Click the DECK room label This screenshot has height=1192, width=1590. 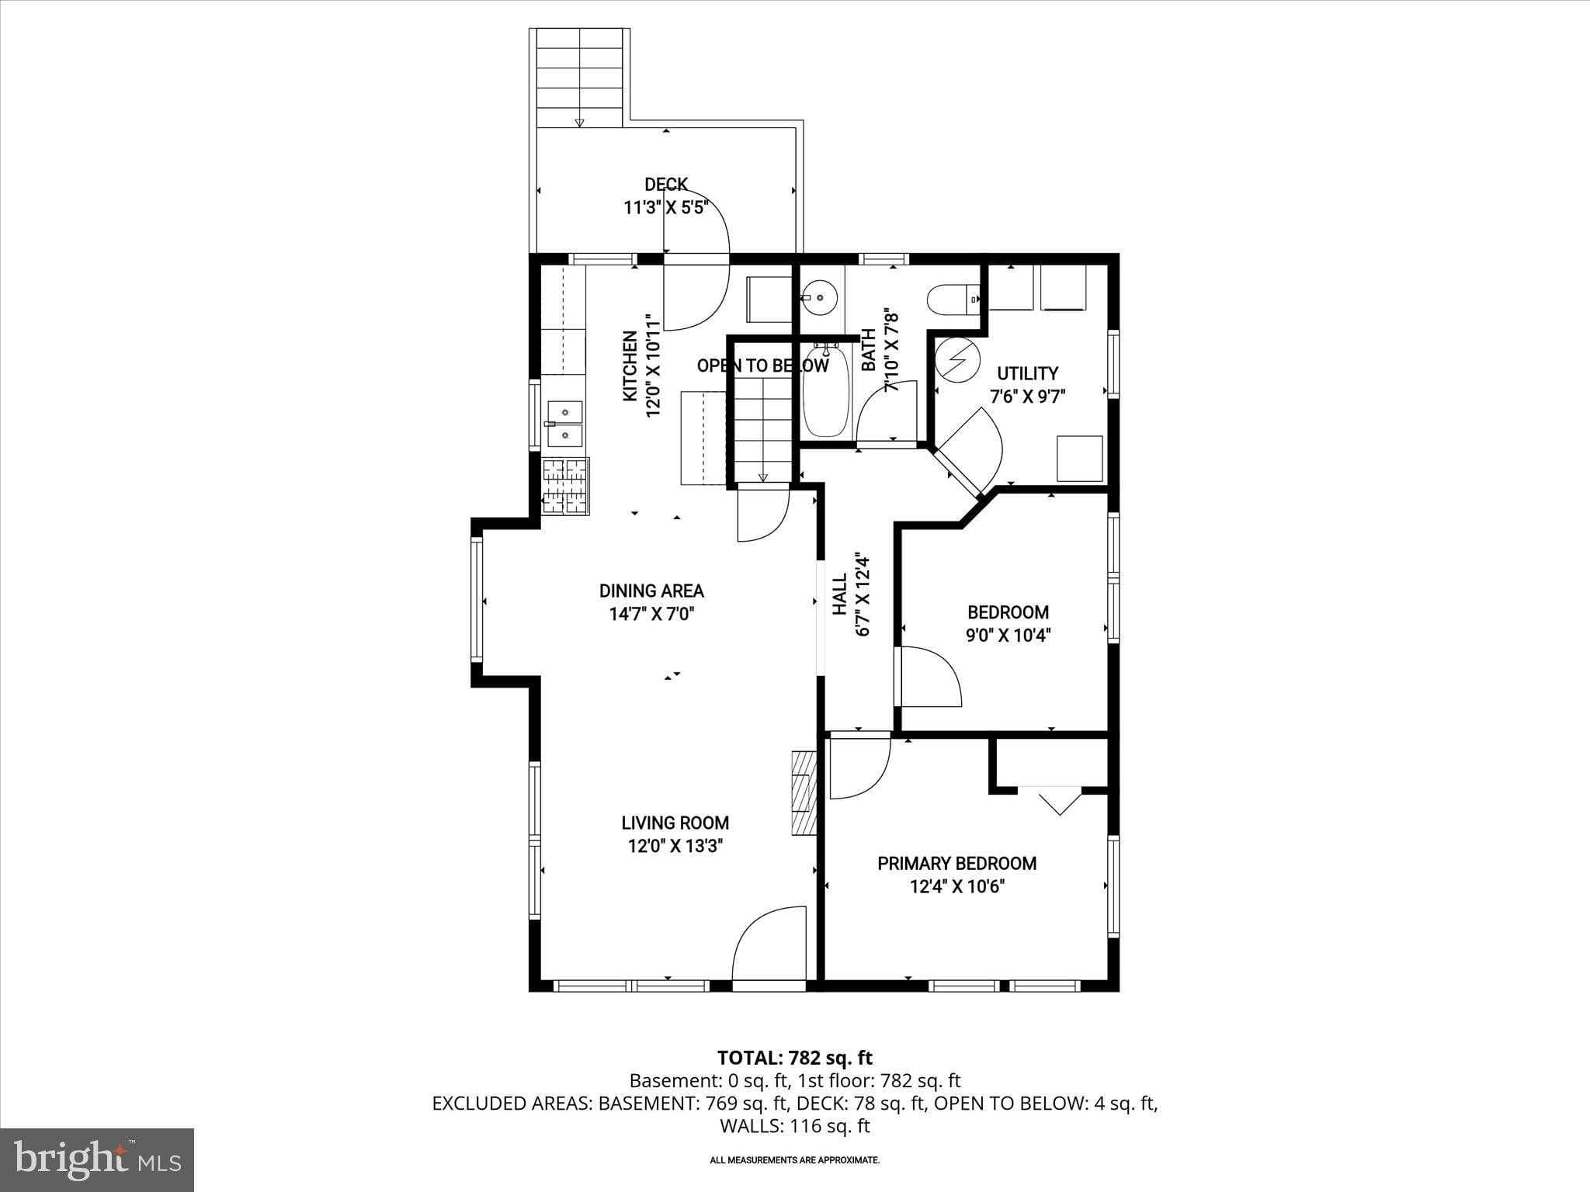pyautogui.click(x=666, y=184)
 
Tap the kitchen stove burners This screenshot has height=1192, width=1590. pyautogui.click(x=565, y=486)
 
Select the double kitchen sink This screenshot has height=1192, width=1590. pyautogui.click(x=565, y=424)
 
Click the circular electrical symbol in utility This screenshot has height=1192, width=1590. pyautogui.click(x=957, y=359)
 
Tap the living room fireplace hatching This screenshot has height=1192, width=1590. pyautogui.click(x=804, y=792)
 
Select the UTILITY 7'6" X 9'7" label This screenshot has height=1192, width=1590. pyautogui.click(x=1027, y=384)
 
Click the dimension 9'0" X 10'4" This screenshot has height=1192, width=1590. pyautogui.click(x=1008, y=636)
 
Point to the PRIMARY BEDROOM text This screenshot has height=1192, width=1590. pyautogui.click(x=956, y=863)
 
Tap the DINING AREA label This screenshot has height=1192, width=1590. pyautogui.click(x=651, y=591)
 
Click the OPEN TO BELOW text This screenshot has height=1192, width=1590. pyautogui.click(x=762, y=366)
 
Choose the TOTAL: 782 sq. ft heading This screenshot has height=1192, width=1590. pyautogui.click(x=794, y=1058)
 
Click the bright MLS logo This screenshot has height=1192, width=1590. pyautogui.click(x=97, y=1159)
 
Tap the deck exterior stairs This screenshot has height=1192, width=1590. pyautogui.click(x=579, y=78)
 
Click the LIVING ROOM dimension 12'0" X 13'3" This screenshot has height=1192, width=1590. pyautogui.click(x=675, y=846)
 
